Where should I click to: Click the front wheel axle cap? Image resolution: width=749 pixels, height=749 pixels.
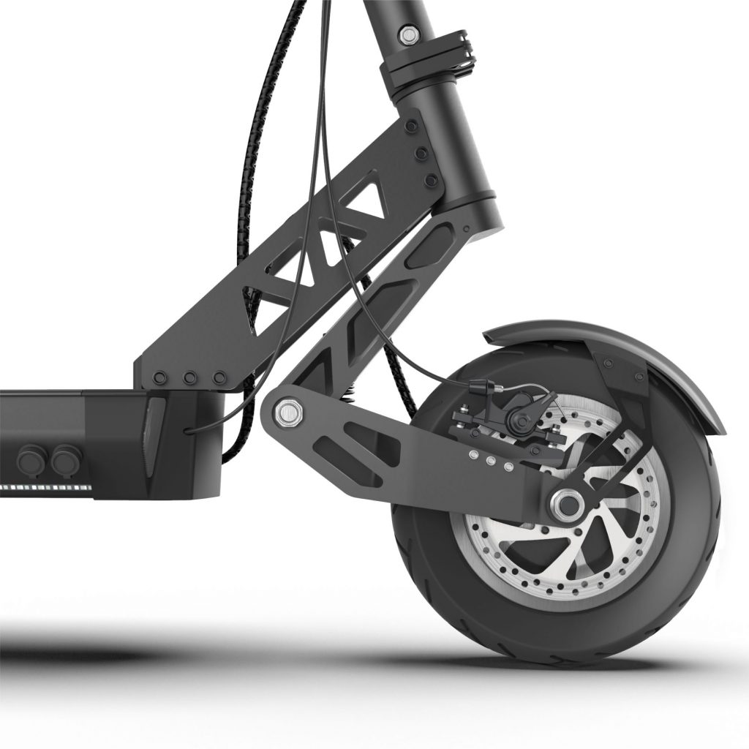pos(565,503)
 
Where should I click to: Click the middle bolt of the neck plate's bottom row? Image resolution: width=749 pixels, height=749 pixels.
pos(189,378)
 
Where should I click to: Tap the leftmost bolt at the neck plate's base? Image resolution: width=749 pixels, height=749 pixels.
pos(161,378)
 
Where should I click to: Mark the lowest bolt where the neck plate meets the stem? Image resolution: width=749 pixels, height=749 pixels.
pos(432,180)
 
